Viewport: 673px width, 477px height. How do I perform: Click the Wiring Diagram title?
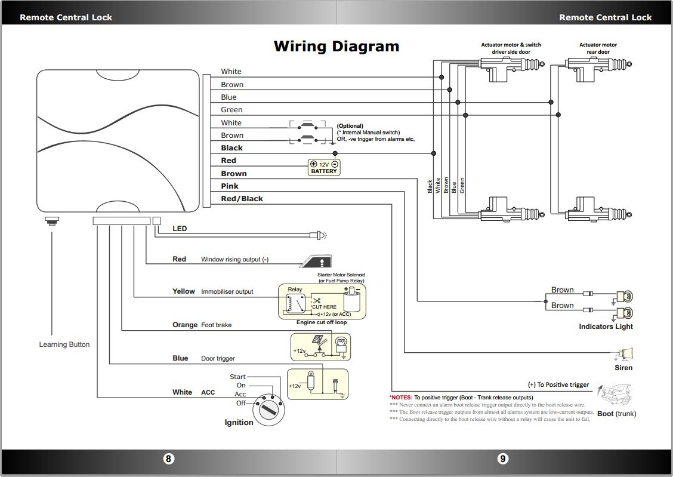click(x=336, y=47)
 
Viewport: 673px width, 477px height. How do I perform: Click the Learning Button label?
click(x=64, y=344)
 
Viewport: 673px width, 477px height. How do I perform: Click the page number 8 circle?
click(x=169, y=458)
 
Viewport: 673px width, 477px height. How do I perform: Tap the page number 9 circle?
click(x=503, y=458)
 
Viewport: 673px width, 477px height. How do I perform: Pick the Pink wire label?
click(x=230, y=186)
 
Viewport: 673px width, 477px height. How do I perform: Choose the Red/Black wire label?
click(x=242, y=199)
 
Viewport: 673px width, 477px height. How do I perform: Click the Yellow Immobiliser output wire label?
click(x=184, y=291)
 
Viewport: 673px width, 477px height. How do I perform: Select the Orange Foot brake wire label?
click(x=185, y=325)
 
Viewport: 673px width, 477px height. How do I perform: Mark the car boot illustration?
click(x=616, y=396)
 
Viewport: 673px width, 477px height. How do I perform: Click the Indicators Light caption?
click(x=606, y=327)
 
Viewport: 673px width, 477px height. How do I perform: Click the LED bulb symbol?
click(x=320, y=235)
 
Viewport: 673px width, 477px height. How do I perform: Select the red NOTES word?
click(x=401, y=397)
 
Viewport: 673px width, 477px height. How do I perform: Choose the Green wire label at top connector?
click(x=231, y=110)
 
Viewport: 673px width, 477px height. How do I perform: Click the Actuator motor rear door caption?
click(x=598, y=48)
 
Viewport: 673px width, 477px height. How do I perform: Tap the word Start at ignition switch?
click(x=237, y=377)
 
